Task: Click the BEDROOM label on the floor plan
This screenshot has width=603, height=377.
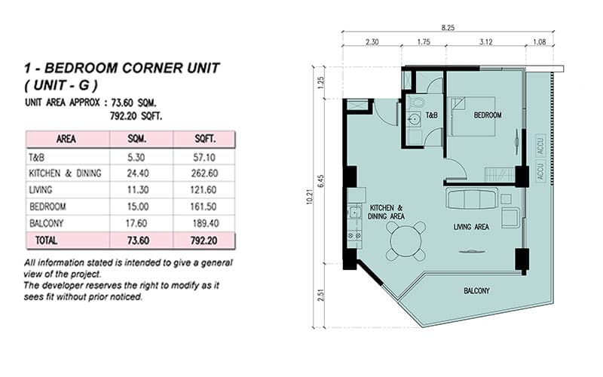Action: tap(488, 115)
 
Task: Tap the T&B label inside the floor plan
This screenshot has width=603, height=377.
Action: tap(432, 115)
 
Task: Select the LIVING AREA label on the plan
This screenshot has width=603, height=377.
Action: tap(472, 226)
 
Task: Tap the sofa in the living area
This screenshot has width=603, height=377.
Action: tap(472, 199)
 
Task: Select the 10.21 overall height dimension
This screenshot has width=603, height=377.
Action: tap(311, 199)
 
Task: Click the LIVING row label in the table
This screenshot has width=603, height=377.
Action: tap(41, 188)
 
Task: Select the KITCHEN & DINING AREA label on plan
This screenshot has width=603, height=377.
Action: tap(386, 211)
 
